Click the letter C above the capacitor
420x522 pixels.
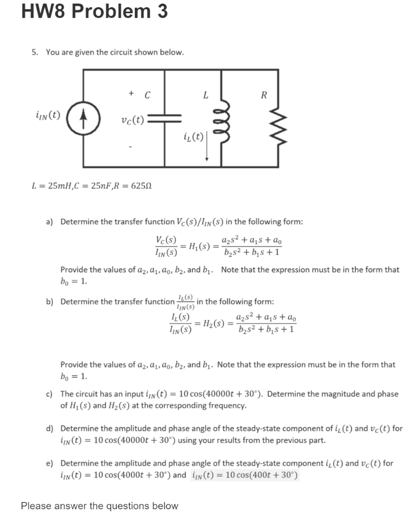[147, 94]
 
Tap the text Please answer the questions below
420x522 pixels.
[100, 506]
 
